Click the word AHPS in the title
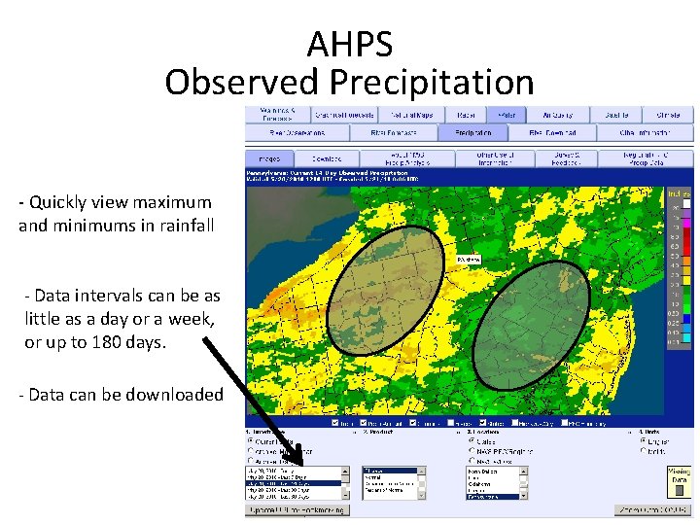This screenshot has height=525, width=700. [350, 44]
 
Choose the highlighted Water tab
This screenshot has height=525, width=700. [507, 114]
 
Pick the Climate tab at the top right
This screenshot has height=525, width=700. [667, 114]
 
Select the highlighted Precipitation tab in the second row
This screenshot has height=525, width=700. [472, 132]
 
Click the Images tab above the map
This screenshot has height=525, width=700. [268, 157]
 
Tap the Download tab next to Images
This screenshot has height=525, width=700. [327, 157]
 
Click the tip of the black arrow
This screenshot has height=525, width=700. [307, 482]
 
